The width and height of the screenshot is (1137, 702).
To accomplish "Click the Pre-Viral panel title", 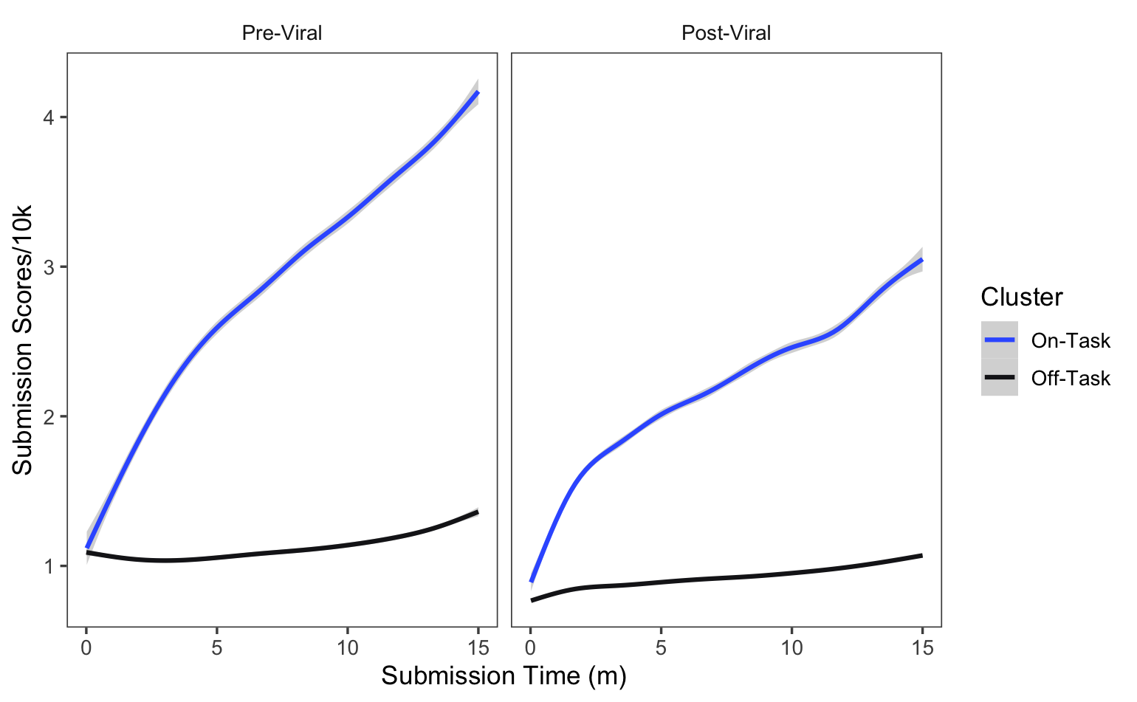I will (282, 33).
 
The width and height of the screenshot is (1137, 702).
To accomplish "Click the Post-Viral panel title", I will (726, 33).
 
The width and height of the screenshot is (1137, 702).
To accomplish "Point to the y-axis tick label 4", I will (49, 117).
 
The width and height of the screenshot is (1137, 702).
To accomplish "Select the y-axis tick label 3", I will (49, 267).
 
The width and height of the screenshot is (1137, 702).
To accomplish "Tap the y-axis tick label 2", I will (49, 416).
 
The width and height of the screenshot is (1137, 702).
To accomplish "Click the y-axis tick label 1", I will (49, 566).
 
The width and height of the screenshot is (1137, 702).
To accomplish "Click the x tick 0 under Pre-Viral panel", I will (86, 648).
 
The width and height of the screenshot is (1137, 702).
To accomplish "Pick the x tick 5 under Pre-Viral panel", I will (217, 648).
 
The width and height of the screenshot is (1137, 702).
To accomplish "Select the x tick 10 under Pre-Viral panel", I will (348, 648).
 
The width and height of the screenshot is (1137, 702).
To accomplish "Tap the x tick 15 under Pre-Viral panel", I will (478, 648).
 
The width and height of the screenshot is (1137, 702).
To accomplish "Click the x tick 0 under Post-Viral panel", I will (530, 648).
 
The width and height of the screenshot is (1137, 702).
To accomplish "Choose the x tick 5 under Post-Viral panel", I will (661, 648).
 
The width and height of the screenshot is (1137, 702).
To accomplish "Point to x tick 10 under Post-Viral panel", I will (791, 648).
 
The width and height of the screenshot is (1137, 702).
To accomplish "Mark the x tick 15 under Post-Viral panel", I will (922, 648).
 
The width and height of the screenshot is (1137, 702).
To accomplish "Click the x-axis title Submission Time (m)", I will (504, 676).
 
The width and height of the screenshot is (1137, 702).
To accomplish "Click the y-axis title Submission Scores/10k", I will (23, 340).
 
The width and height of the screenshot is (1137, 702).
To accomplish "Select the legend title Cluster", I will (1021, 297).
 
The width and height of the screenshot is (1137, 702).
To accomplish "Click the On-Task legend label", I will (1070, 340).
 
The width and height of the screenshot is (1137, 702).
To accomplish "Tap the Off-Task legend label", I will (1070, 378).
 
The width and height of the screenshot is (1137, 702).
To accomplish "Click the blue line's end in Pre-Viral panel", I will (478, 92).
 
